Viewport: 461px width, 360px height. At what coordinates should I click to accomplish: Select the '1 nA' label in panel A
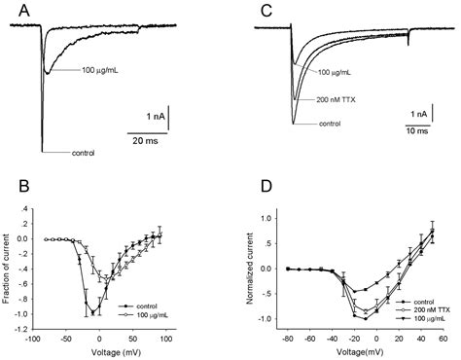pos(150,113)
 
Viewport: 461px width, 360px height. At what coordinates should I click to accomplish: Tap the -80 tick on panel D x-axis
pos(287,341)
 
